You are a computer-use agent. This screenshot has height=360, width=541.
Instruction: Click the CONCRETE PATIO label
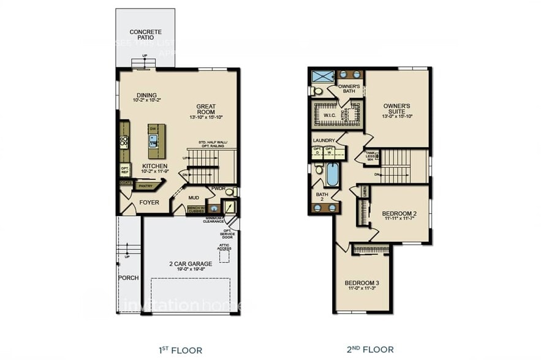coord(145,34)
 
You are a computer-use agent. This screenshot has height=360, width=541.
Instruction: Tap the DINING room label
coord(146,95)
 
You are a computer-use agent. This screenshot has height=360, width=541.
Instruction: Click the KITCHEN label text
coord(155,167)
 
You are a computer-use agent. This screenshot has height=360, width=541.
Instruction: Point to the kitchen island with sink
coord(153,138)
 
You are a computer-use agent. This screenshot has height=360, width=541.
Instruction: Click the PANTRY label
coord(145,186)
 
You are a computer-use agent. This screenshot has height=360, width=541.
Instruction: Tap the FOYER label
coord(149,201)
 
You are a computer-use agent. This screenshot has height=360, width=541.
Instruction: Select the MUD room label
coord(194,198)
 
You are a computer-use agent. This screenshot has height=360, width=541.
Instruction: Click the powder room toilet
coord(229,192)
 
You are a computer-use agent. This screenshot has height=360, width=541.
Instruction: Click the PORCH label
coord(129,277)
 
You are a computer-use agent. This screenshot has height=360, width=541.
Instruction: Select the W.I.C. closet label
coord(328,113)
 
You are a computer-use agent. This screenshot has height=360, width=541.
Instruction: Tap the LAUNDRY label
coord(323,140)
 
